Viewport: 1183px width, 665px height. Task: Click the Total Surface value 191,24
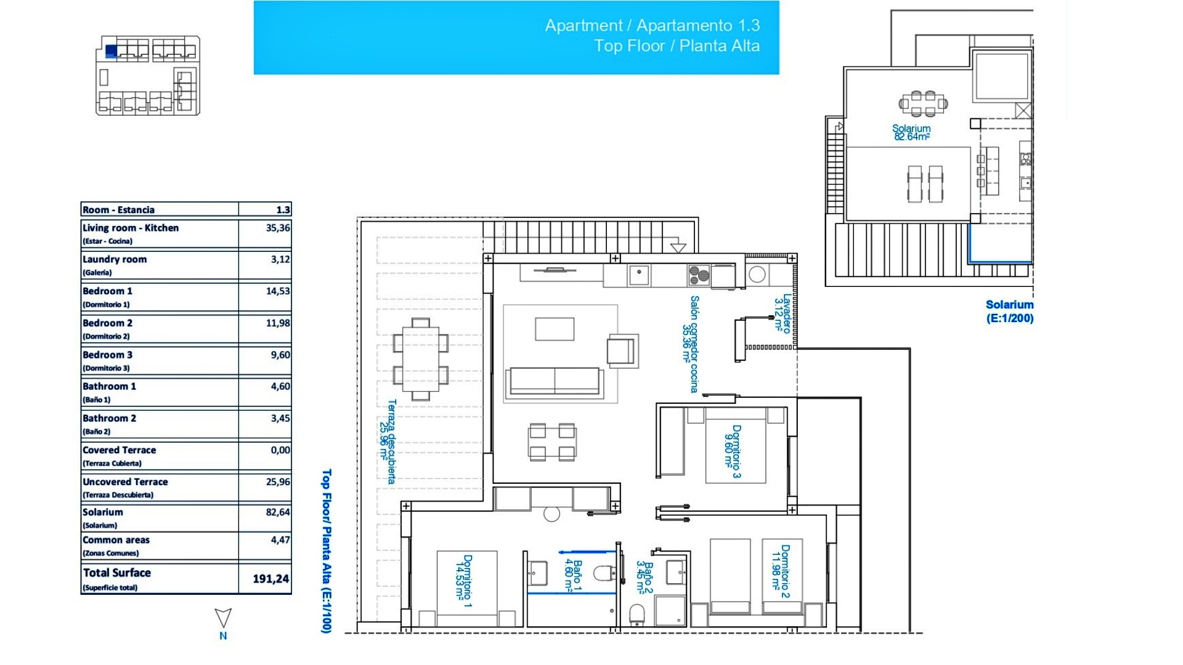coord(270,579)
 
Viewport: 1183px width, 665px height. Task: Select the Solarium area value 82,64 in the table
coord(277,512)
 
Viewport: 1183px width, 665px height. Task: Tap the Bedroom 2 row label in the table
coord(108,323)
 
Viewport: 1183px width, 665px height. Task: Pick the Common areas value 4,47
coord(280,540)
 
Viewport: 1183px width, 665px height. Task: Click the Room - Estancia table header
coord(118,210)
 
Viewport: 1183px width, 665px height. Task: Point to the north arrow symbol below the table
coord(223,618)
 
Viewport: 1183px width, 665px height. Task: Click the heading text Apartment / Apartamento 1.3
coord(652,26)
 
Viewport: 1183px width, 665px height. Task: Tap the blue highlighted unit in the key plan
coord(112,51)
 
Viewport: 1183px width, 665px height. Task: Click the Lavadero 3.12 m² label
coord(782,313)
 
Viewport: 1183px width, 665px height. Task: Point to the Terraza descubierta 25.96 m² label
coord(388,441)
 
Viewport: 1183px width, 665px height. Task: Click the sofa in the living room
coord(554,381)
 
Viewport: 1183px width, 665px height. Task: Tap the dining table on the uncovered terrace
coord(421,359)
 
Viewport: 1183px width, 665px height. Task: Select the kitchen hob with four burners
coord(699,274)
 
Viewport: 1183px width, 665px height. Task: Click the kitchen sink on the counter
coord(639,275)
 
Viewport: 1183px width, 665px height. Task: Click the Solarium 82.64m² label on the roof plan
coord(911,132)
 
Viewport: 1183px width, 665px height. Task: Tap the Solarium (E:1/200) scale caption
coord(1009,312)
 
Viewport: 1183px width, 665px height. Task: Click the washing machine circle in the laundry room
coord(757,275)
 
